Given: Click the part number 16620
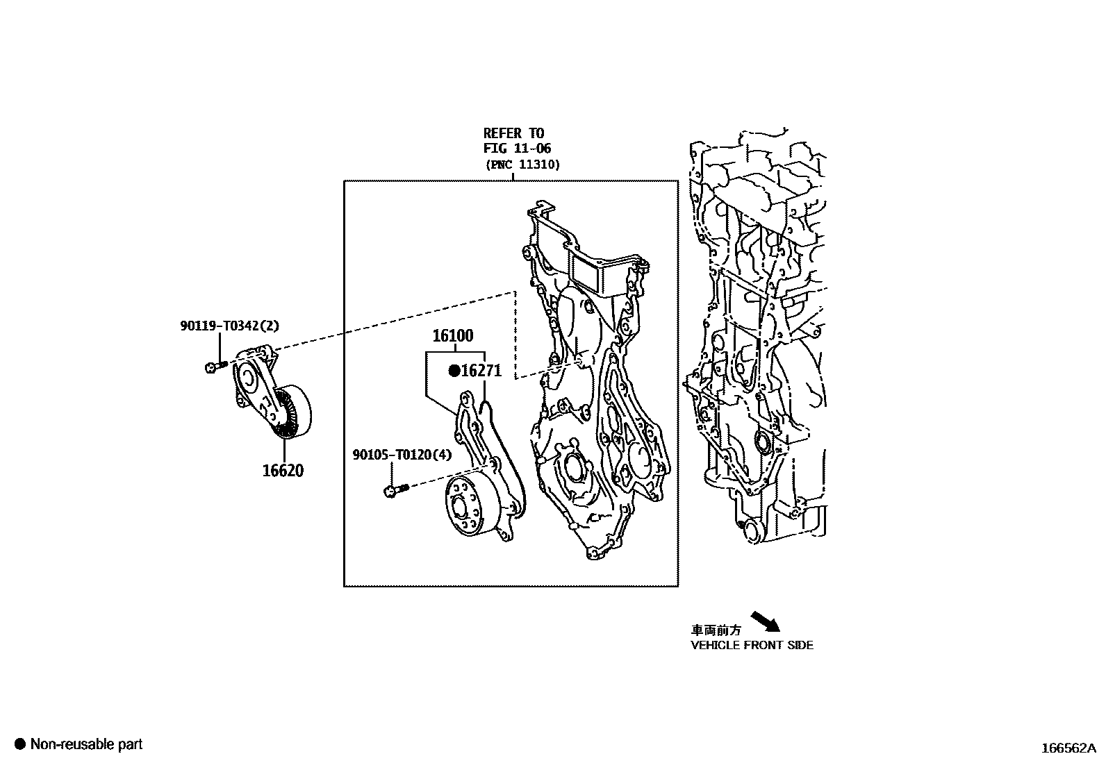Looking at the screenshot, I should tap(283, 471).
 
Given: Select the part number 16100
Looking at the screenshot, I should tap(453, 336).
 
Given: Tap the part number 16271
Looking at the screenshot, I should tap(481, 371).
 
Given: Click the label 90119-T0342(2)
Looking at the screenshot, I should tap(229, 325).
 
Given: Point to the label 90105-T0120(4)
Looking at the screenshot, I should tap(402, 455).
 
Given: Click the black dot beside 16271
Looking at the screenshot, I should tap(454, 371).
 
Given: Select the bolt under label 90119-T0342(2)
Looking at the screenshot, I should tap(215, 366).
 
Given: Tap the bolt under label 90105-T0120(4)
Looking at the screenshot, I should tap(394, 491).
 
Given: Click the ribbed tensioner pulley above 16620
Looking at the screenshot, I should tap(292, 413).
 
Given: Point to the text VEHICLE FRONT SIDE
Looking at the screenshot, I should tap(752, 645).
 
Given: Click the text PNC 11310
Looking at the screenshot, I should tap(522, 165).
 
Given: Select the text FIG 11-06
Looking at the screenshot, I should tap(518, 149).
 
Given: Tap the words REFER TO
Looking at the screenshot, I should tap(513, 133).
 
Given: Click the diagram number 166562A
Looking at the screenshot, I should tap(1067, 748).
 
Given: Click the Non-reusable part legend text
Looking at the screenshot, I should tap(86, 744).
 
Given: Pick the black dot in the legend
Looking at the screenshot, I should tap(20, 744).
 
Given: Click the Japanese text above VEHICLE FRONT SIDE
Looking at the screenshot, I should tap(716, 630).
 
